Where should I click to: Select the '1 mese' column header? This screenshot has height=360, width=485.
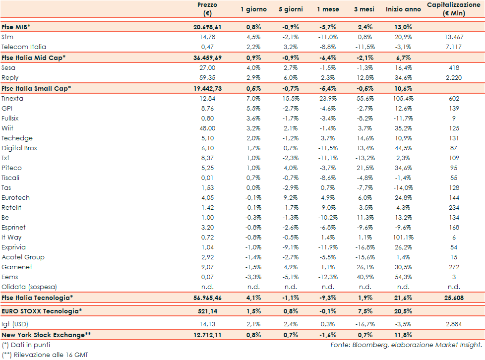pos(328,9)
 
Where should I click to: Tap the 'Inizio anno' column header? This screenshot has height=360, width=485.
pos(403,9)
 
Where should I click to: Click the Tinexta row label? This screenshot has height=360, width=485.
pos(12,99)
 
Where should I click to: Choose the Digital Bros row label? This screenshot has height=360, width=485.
pos(19,148)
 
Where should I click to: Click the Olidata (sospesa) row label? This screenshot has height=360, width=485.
pos(29,287)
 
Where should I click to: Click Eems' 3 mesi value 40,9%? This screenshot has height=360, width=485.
pos(365,277)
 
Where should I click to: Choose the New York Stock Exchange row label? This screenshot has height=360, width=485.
pos(46,335)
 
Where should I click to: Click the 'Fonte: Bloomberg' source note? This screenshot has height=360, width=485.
pos(407,345)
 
